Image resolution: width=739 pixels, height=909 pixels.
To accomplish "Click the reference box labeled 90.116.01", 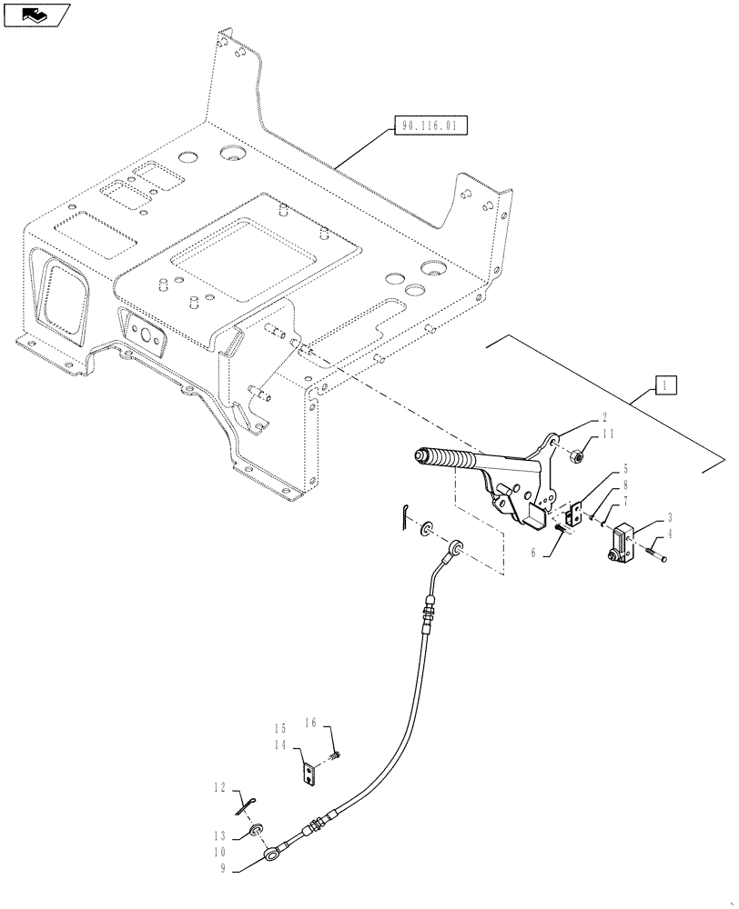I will [430, 125].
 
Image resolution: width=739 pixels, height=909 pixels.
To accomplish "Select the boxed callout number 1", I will [665, 386].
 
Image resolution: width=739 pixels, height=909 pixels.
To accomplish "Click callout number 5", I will [600, 470].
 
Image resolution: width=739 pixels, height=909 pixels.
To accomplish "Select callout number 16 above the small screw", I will [310, 724].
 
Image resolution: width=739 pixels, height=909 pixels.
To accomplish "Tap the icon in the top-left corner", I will [36, 14].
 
